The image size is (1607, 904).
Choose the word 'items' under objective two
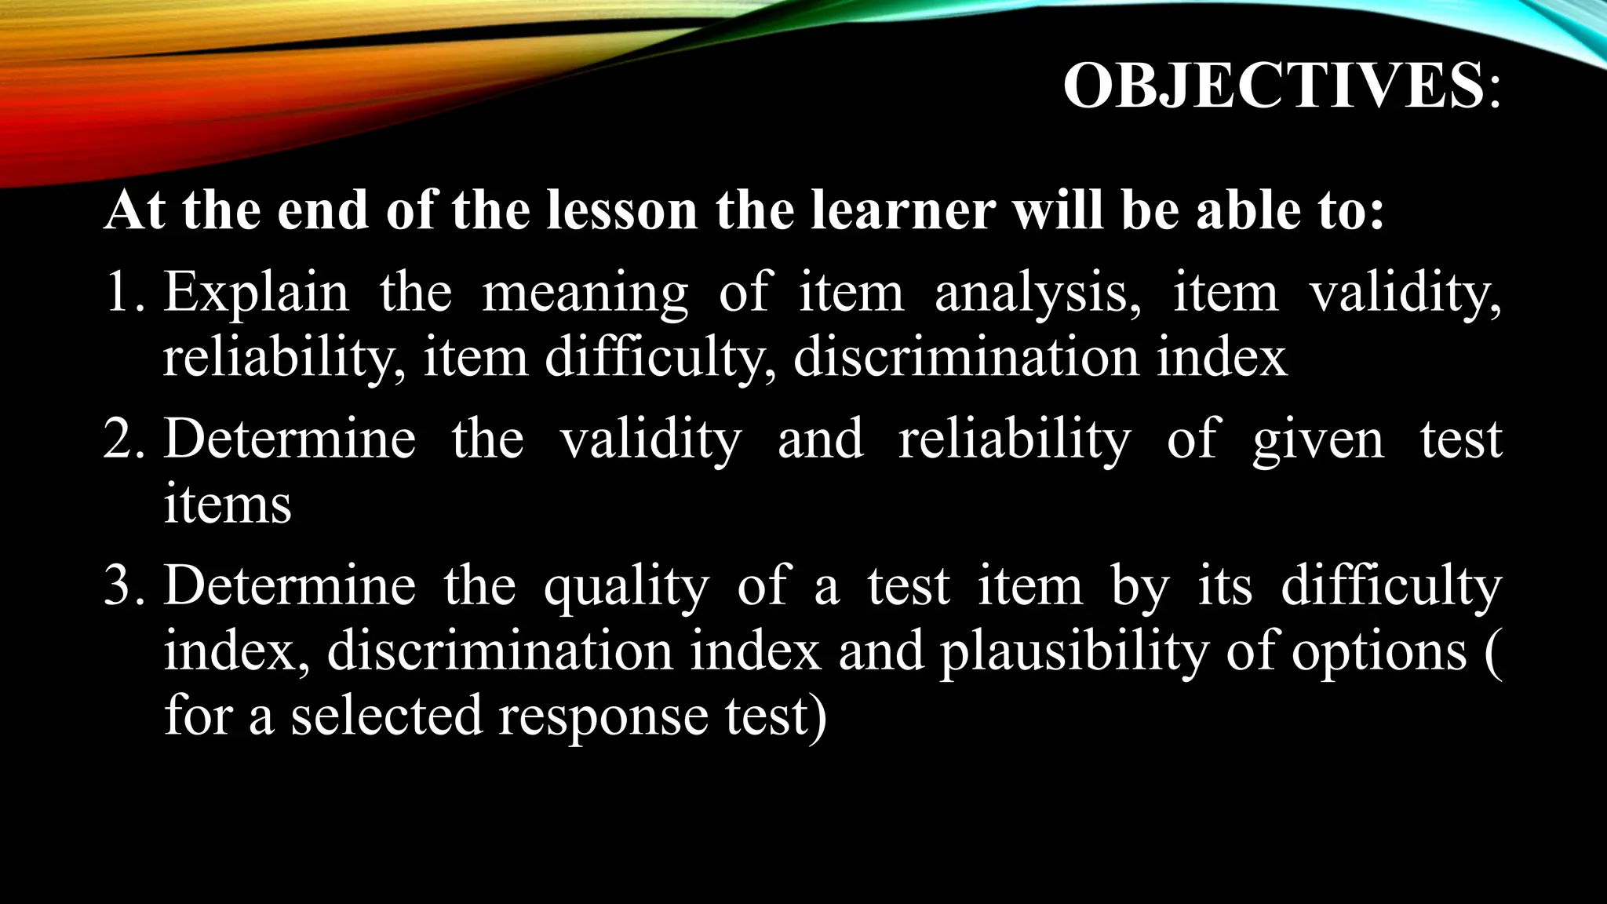pyautogui.click(x=228, y=504)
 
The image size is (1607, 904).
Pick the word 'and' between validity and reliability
pyautogui.click(x=820, y=439)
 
